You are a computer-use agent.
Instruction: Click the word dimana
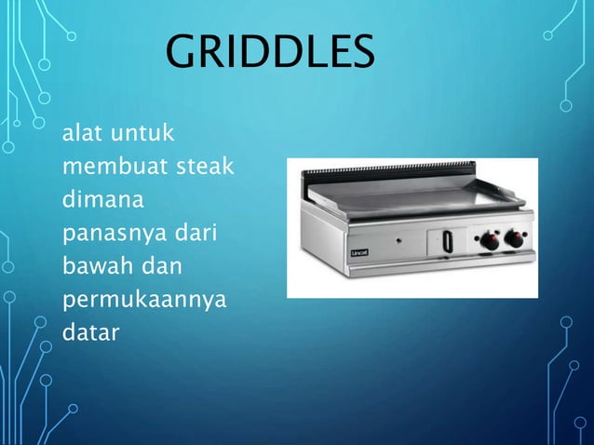96,200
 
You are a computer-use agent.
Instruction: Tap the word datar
90,332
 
